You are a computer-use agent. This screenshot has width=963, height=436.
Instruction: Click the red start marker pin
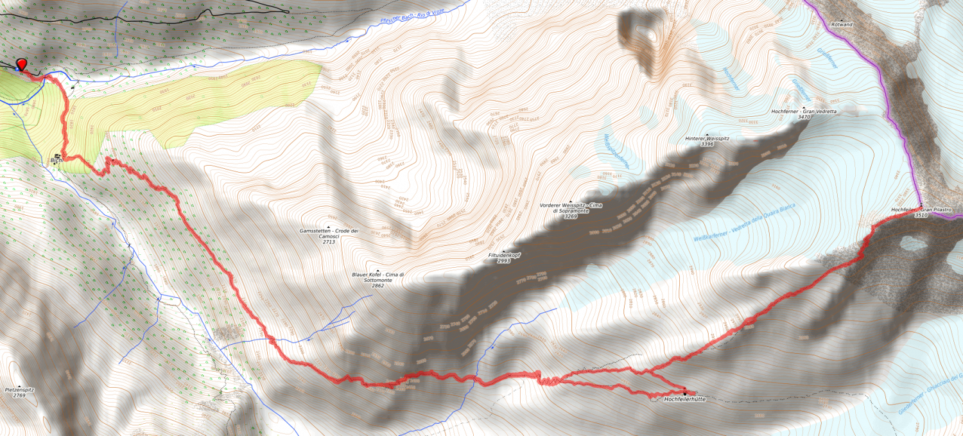pyautogui.click(x=22, y=64)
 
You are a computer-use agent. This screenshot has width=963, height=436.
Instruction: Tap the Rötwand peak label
pyautogui.click(x=842, y=24)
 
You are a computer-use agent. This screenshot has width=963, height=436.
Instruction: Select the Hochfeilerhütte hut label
pyautogui.click(x=685, y=399)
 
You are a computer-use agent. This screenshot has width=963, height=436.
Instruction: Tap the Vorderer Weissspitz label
pyautogui.click(x=570, y=207)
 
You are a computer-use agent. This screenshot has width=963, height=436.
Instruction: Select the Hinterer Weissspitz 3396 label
pyautogui.click(x=707, y=141)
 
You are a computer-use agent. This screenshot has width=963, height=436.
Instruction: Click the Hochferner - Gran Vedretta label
pyautogui.click(x=804, y=111)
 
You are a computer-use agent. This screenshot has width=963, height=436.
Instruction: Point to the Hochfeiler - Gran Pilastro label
pyautogui.click(x=921, y=210)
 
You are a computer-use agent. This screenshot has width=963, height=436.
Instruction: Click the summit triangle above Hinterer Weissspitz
pyautogui.click(x=707, y=134)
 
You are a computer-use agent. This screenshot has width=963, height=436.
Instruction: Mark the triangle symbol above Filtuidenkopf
pyautogui.click(x=504, y=251)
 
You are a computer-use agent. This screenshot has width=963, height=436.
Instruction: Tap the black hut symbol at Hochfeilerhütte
pyautogui.click(x=685, y=393)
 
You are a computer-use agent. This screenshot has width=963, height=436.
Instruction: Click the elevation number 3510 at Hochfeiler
pyautogui.click(x=921, y=216)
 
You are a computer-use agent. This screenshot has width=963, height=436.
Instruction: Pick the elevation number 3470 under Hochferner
pyautogui.click(x=804, y=117)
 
